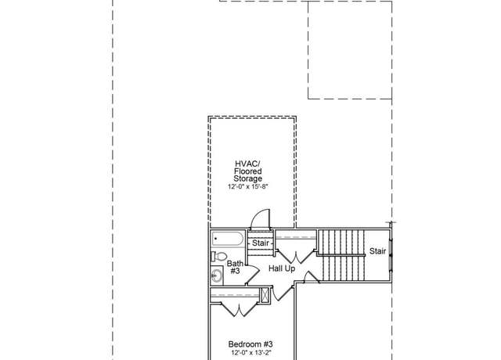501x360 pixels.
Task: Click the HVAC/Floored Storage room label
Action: click(247, 171)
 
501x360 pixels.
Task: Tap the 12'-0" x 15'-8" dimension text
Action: click(247, 186)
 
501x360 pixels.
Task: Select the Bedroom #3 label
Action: click(250, 344)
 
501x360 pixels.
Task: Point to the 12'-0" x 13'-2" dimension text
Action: click(251, 353)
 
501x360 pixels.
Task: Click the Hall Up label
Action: click(282, 268)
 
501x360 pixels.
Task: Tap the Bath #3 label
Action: click(235, 268)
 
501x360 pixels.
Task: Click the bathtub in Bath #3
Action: click(227, 239)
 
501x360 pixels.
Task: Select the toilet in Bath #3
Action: click(219, 256)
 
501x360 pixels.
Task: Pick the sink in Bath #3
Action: click(217, 275)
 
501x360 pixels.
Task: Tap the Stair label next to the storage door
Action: click(261, 243)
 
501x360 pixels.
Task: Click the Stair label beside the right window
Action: click(377, 251)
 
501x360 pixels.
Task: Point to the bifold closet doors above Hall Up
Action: click(296, 256)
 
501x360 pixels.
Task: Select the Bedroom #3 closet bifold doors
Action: click(239, 310)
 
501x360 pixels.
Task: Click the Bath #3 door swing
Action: click(253, 274)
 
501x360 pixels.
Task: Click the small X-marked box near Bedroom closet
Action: click(265, 295)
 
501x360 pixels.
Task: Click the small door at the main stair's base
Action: click(311, 277)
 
